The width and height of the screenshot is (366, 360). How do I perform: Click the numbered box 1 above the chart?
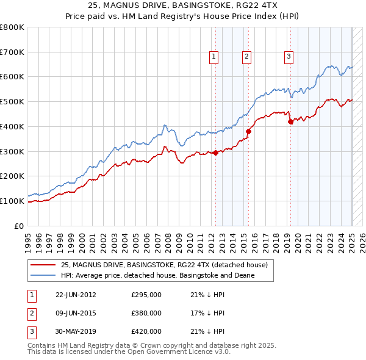214,57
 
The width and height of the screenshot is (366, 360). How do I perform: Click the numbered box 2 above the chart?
246,57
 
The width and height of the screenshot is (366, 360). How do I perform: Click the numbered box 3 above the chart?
288,57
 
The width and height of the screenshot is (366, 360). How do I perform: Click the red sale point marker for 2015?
249,131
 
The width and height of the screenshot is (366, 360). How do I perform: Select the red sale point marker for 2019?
291,121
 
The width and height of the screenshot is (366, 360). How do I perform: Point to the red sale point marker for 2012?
216,153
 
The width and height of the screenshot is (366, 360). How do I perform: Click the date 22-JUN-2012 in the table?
76,295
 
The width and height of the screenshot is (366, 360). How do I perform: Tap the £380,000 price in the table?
146,313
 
